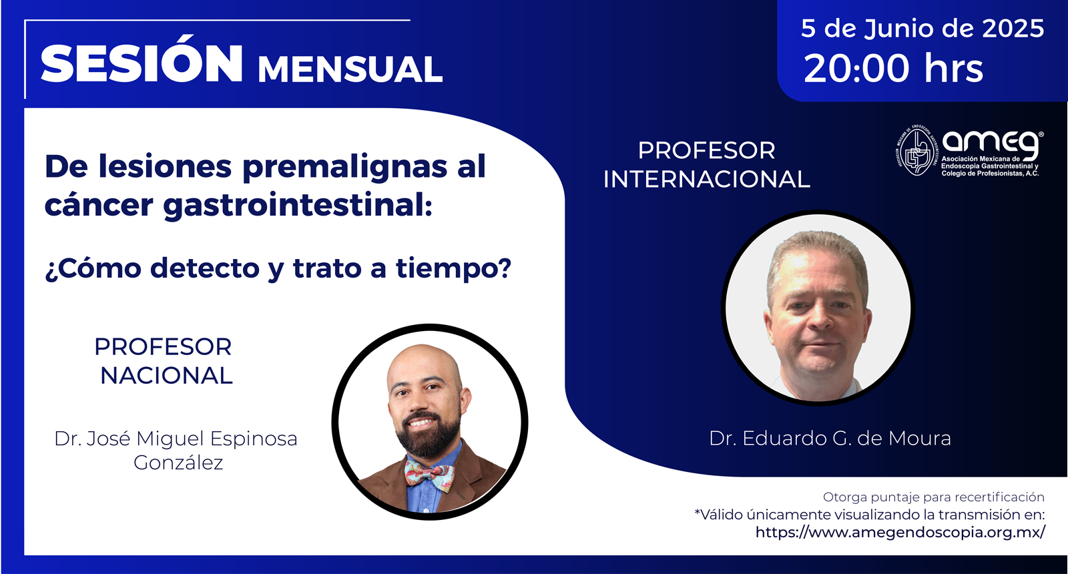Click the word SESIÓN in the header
142,64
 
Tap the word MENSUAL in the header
350,69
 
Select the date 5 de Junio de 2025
922,29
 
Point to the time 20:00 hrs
893,69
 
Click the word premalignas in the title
344,168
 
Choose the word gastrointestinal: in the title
298,206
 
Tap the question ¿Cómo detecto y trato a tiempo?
278,268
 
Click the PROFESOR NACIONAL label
164,361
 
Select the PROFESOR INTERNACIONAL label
707,165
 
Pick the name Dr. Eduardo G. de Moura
830,439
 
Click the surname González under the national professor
178,463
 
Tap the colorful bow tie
429,474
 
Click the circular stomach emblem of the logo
915,150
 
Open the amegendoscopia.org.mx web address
900,532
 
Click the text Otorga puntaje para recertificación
934,497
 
